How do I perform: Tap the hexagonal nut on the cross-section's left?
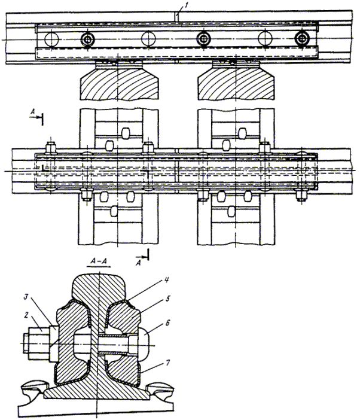click(x=36, y=342)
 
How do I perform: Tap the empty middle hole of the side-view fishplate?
click(x=148, y=39)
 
